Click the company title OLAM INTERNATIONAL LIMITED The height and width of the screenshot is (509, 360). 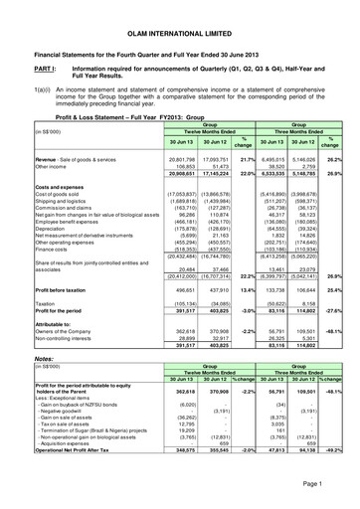[180, 19]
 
